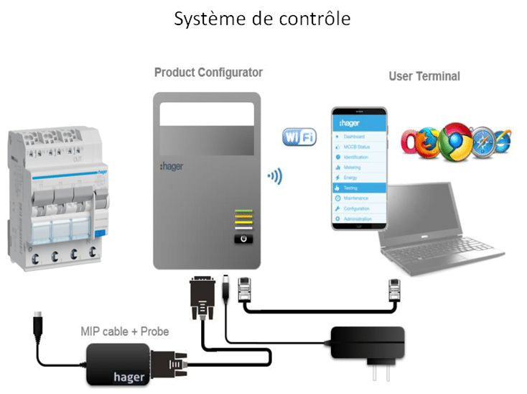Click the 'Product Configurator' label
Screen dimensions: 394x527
pyautogui.click(x=208, y=73)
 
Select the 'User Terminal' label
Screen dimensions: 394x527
pyautogui.click(x=424, y=76)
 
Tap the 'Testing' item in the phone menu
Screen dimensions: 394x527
pyautogui.click(x=356, y=187)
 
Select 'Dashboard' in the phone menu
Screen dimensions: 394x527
pyautogui.click(x=356, y=137)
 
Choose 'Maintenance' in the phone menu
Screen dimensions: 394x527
pyautogui.click(x=359, y=198)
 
